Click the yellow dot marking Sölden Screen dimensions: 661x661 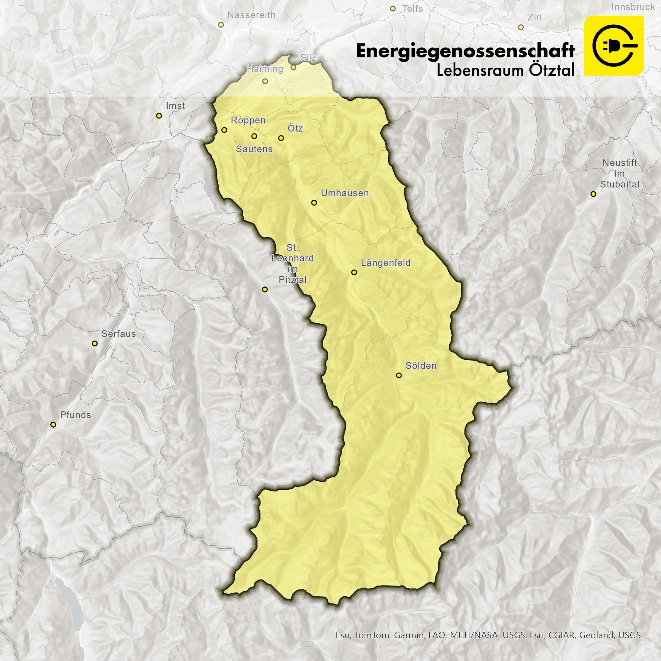(x=399, y=375)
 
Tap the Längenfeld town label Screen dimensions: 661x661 (x=386, y=263)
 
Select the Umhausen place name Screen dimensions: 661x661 (x=345, y=193)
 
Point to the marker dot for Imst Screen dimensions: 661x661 (x=159, y=116)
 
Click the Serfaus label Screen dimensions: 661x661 (x=119, y=334)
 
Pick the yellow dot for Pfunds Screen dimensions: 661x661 (x=53, y=425)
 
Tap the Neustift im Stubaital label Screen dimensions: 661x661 (x=619, y=174)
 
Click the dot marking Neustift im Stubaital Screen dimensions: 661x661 (x=593, y=194)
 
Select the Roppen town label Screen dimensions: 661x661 (x=248, y=121)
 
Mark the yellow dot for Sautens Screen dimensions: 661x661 (x=254, y=136)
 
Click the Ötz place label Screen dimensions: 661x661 (x=295, y=128)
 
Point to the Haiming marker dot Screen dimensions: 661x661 (x=265, y=81)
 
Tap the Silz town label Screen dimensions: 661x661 (x=308, y=57)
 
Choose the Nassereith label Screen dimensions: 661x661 (x=251, y=15)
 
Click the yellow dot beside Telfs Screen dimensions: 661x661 (x=393, y=9)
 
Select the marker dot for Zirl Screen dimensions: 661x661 (x=521, y=27)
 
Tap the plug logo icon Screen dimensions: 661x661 (x=614, y=45)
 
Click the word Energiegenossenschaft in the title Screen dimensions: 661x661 (x=465, y=51)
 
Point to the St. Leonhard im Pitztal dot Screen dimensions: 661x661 (x=264, y=289)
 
